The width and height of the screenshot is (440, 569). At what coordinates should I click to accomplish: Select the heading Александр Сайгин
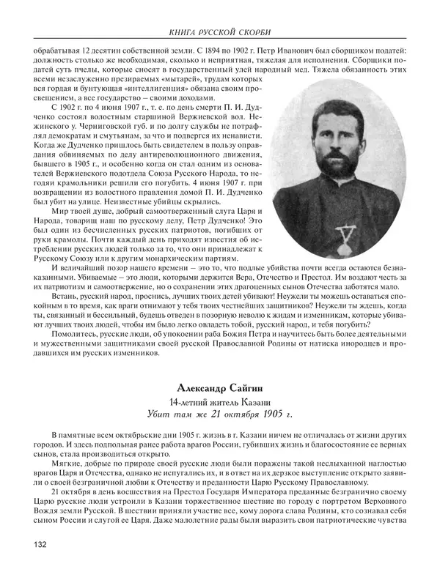(x=220, y=389)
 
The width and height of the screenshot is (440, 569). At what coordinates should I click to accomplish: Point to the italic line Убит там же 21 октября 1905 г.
(x=220, y=416)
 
